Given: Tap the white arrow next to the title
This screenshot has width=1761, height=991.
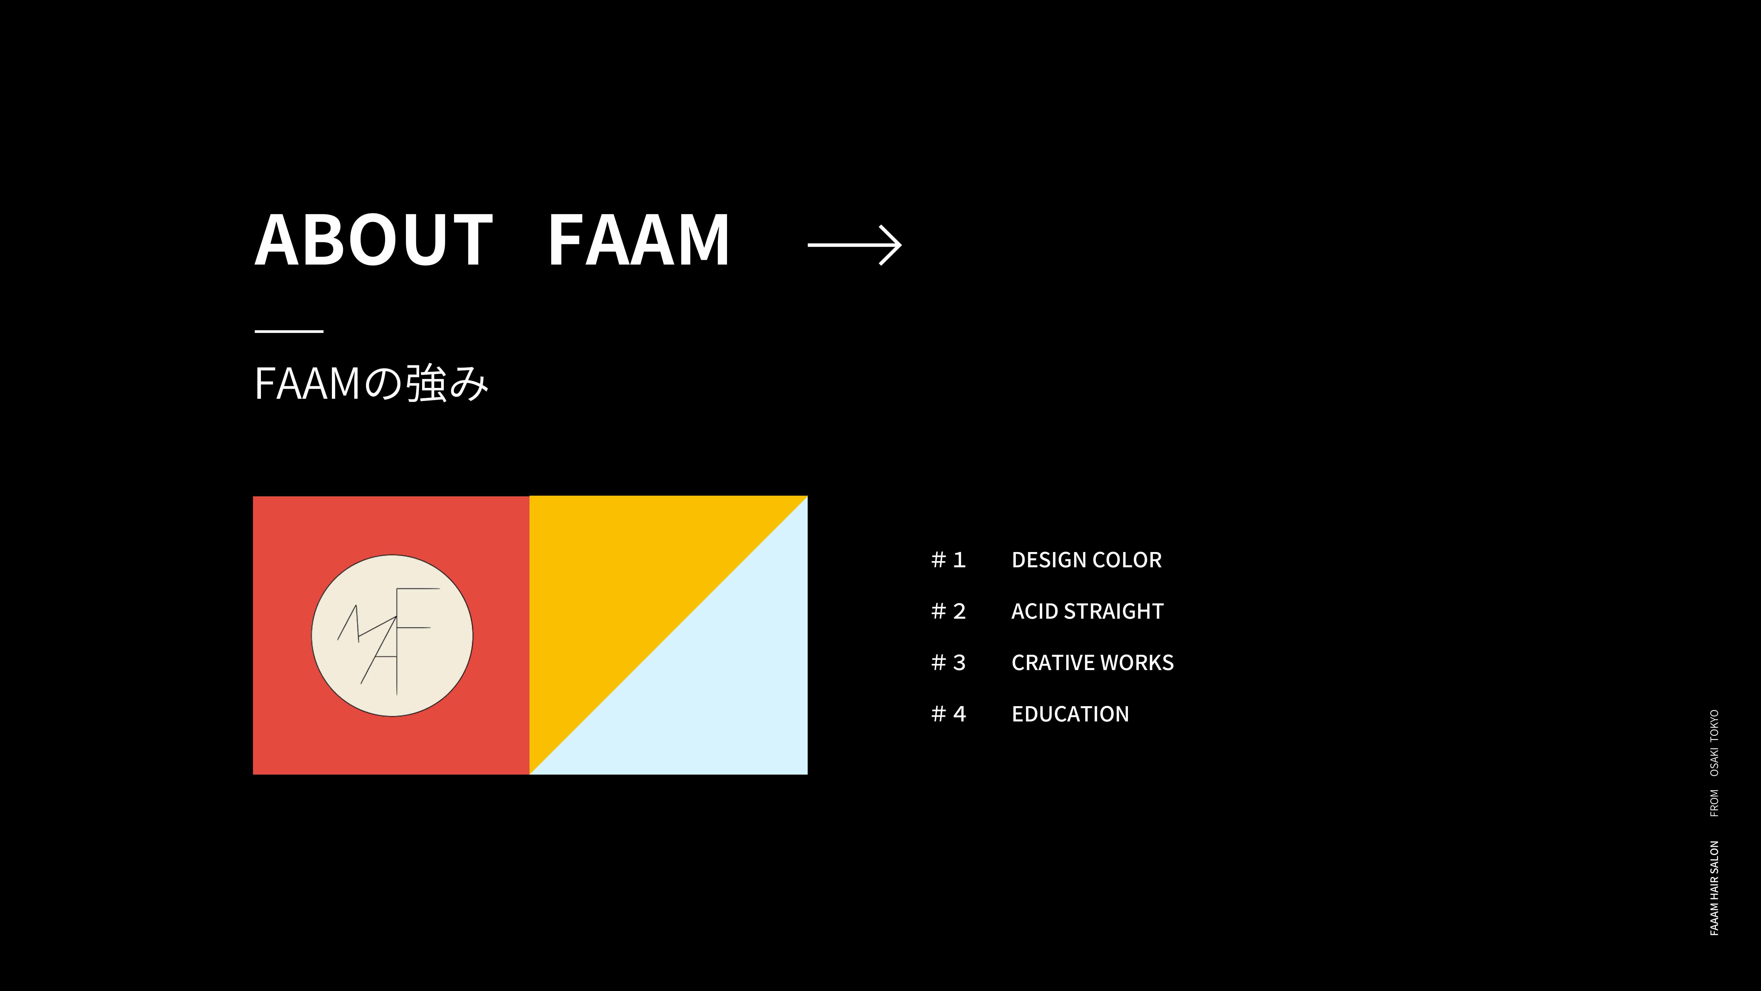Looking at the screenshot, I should coord(854,245).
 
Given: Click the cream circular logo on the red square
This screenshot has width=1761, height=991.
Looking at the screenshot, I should coord(392,635).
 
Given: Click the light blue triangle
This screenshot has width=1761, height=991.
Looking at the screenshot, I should coord(725,698).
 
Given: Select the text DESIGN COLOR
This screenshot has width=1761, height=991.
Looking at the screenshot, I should coord(1086,560).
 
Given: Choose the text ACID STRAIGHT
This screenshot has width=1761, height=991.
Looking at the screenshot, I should coord(1087,611).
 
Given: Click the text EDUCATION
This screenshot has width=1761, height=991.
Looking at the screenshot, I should coord(1070,714).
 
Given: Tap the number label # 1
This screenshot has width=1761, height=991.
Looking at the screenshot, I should coord(948,560).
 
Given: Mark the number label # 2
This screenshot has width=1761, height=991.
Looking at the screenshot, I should coord(948,611).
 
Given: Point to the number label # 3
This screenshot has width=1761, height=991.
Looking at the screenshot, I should coord(948,663).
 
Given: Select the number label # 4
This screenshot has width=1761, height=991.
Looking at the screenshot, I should coord(948,714).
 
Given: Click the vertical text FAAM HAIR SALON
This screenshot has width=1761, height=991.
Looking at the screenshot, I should coord(1714,888).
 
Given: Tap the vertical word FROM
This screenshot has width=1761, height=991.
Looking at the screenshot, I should coord(1714,803).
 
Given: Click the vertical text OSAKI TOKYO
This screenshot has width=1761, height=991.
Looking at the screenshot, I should coord(1714,743).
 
